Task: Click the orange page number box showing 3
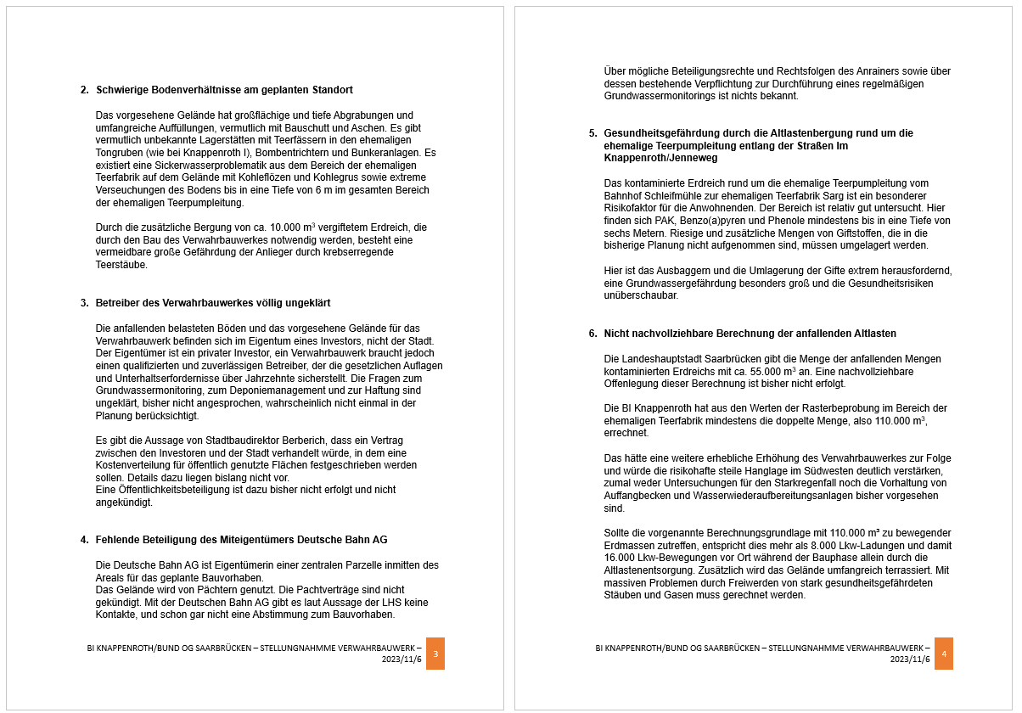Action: click(x=435, y=654)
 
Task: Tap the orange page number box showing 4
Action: click(x=943, y=654)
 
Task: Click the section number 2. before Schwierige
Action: click(x=85, y=90)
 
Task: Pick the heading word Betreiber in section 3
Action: click(x=118, y=303)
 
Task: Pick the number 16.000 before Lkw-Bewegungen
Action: click(x=621, y=557)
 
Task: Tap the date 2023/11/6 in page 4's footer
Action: click(x=910, y=660)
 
